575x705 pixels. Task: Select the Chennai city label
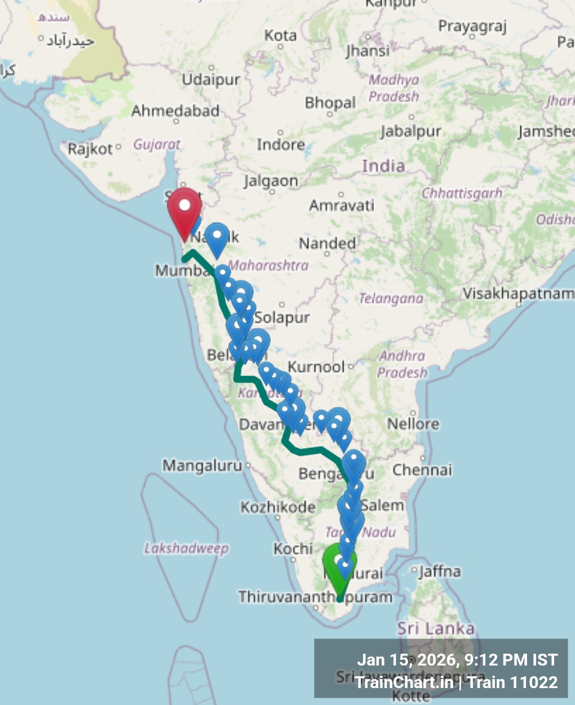(422, 470)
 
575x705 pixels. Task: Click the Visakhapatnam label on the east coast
(518, 293)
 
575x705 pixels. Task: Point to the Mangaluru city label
(202, 466)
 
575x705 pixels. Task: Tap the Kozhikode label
(277, 507)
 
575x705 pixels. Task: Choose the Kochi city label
(293, 548)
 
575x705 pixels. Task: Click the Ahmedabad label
(175, 111)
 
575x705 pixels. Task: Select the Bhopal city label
(330, 103)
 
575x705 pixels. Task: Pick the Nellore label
(413, 424)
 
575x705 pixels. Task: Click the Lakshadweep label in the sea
(186, 548)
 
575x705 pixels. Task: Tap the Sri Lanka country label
(436, 628)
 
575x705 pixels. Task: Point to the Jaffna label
(440, 572)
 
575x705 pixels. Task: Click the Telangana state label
(391, 298)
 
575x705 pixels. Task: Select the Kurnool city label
(316, 367)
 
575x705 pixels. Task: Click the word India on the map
(383, 166)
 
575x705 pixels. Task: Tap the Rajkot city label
(90, 149)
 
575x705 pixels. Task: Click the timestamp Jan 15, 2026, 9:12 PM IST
(457, 660)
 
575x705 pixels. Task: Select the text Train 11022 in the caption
(512, 682)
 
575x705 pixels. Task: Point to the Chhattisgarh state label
(462, 193)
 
